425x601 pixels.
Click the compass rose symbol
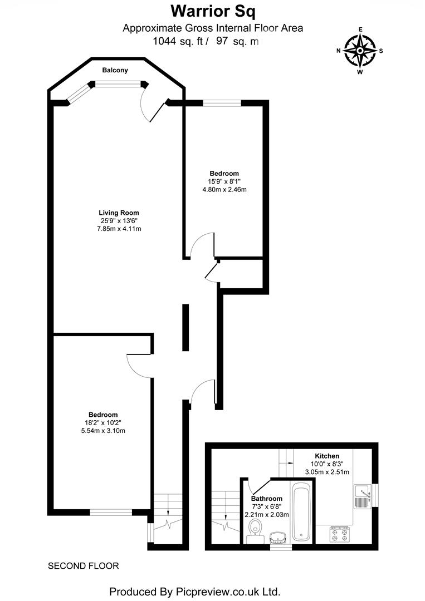tap(360, 51)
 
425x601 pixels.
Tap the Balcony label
tap(115, 70)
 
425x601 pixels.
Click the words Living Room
tap(119, 213)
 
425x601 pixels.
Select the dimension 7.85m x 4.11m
tap(119, 229)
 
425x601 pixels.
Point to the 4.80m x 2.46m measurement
tap(224, 189)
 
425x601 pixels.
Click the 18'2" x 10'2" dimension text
tap(103, 422)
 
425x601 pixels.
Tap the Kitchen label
tap(326, 456)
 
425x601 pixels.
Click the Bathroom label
tap(267, 499)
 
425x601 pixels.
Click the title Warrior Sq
tap(214, 11)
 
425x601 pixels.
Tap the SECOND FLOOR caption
tap(84, 566)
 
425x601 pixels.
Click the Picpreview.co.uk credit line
tap(194, 591)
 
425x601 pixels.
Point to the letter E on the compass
tap(360, 29)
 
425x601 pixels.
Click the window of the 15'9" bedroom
tap(222, 102)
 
